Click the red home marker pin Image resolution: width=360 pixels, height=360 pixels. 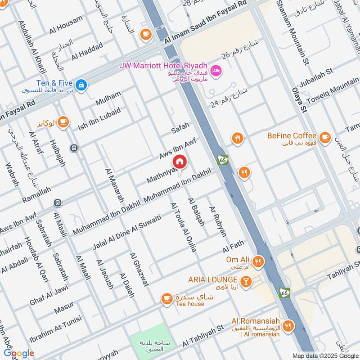tap(179, 162)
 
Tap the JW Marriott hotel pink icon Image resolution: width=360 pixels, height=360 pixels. tap(216, 71)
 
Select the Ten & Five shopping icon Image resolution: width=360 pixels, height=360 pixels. tap(81, 84)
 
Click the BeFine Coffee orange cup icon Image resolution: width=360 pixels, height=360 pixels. tap(324, 136)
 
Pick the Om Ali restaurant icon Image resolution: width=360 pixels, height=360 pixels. tap(257, 261)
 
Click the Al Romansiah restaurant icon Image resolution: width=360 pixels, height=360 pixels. tap(288, 325)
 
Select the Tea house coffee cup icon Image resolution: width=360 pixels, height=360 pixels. tap(167, 298)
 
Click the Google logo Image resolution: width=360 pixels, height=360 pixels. tap(18, 353)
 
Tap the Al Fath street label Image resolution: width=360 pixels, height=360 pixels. tap(233, 247)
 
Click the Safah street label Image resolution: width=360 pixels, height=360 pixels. tap(180, 129)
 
